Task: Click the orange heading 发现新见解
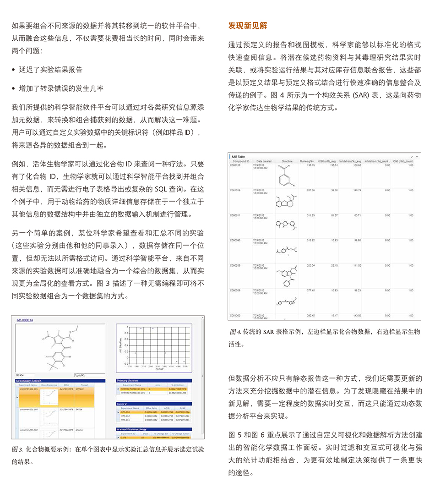tap(248, 26)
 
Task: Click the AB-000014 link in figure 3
tap(26, 320)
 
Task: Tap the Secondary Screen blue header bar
tap(61, 380)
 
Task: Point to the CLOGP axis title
tap(159, 369)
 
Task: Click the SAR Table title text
tap(239, 157)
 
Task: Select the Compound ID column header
tap(241, 162)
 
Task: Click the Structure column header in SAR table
tap(287, 162)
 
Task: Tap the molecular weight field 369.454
tap(21, 374)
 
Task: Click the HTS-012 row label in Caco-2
tap(126, 416)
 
